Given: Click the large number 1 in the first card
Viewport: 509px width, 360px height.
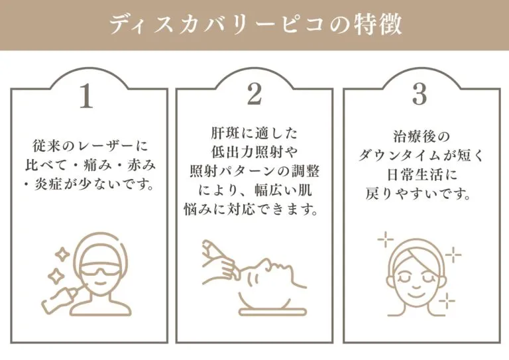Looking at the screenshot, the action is [x=86, y=96].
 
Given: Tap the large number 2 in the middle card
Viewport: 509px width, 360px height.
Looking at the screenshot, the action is [x=254, y=94].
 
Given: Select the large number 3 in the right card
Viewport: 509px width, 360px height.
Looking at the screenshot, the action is [x=419, y=94].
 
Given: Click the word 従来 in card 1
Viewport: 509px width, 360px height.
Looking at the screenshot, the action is [x=47, y=146].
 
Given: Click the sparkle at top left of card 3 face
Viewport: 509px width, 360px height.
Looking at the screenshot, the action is [x=385, y=239].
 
